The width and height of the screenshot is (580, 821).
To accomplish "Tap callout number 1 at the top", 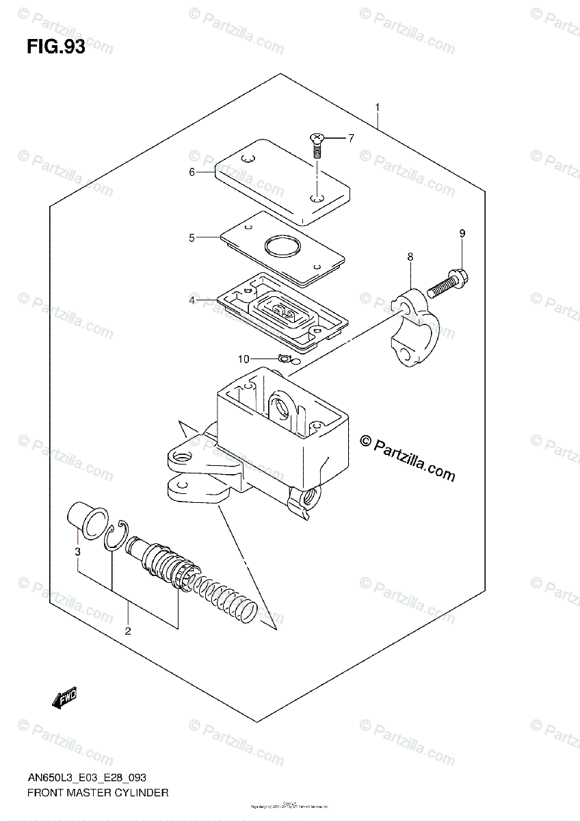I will (377, 107).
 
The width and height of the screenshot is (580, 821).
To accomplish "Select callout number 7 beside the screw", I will (350, 139).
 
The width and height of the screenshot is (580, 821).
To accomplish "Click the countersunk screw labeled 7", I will (317, 144).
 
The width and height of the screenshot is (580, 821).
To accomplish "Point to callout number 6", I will (192, 172).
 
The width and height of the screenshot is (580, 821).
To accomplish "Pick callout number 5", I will (192, 238).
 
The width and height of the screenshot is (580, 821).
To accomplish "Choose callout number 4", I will (192, 300).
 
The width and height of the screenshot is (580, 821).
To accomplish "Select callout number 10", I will (244, 359).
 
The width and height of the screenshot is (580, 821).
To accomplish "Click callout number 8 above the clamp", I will (410, 257).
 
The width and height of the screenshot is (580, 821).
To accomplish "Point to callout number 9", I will (462, 234).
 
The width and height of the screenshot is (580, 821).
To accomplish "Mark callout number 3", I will (78, 551).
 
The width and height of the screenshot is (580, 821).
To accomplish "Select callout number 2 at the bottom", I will (128, 630).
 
